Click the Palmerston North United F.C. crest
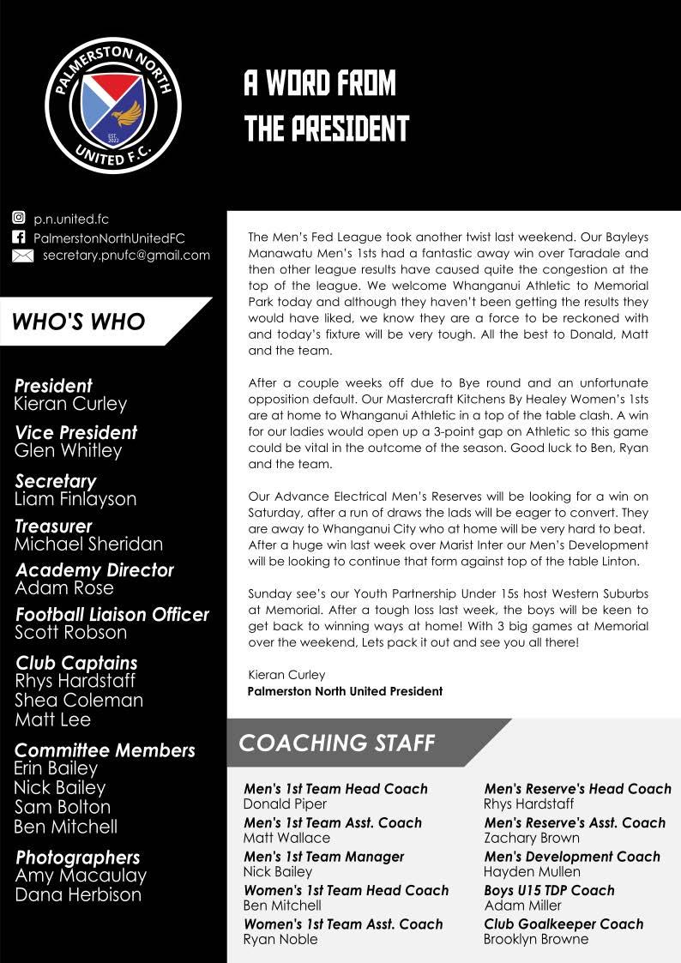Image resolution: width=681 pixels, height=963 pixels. tap(112, 105)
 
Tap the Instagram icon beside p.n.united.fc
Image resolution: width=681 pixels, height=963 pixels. tap(19, 219)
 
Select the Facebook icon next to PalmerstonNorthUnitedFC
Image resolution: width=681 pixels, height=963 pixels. tap(19, 238)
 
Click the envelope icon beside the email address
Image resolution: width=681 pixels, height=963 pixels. tap(23, 256)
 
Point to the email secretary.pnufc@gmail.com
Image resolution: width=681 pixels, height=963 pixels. tap(126, 256)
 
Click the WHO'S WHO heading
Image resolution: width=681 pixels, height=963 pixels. tap(78, 322)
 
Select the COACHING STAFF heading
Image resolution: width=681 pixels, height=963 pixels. tap(336, 743)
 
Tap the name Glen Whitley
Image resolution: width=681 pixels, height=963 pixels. tap(69, 451)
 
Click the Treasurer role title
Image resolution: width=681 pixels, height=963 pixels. tap(53, 526)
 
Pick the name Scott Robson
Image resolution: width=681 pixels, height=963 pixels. tap(70, 633)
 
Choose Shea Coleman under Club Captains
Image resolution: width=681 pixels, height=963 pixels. tap(79, 701)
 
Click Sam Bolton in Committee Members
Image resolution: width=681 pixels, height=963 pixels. tap(63, 807)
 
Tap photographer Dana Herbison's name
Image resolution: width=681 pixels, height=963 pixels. tap(78, 894)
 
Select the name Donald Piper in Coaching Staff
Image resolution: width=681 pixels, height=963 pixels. tap(285, 804)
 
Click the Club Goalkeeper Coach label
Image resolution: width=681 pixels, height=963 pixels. tap(563, 924)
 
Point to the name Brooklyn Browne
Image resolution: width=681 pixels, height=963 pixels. tap(536, 939)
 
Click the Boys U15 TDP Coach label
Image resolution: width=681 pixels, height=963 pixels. tap(549, 890)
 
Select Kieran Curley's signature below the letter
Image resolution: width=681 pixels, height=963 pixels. tap(286, 675)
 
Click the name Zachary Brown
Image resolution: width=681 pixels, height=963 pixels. tap(532, 838)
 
